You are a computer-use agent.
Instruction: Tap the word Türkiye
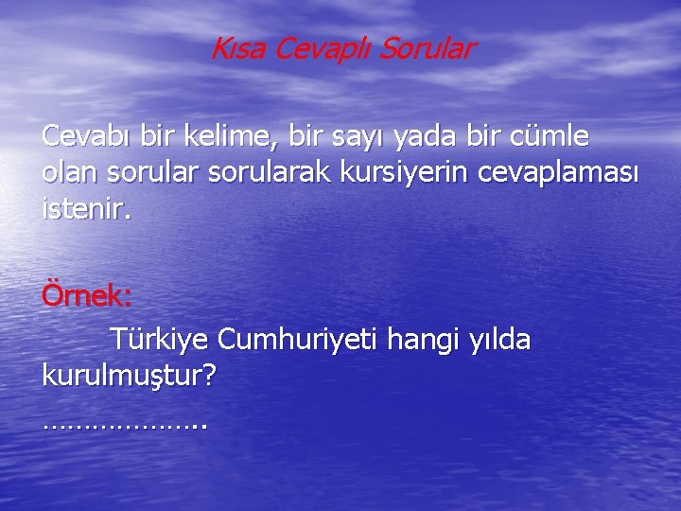point(159,338)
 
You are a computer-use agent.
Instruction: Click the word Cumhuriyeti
point(299,338)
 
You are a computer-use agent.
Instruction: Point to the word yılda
point(500,338)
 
